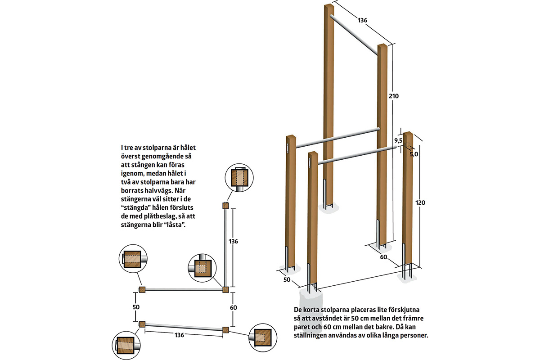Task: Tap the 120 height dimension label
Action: point(420,203)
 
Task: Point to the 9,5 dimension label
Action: point(398,140)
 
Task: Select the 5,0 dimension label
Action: point(414,153)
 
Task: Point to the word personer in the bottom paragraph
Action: point(411,336)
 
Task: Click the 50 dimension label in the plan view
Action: point(136,307)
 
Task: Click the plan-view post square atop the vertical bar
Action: point(225,206)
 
